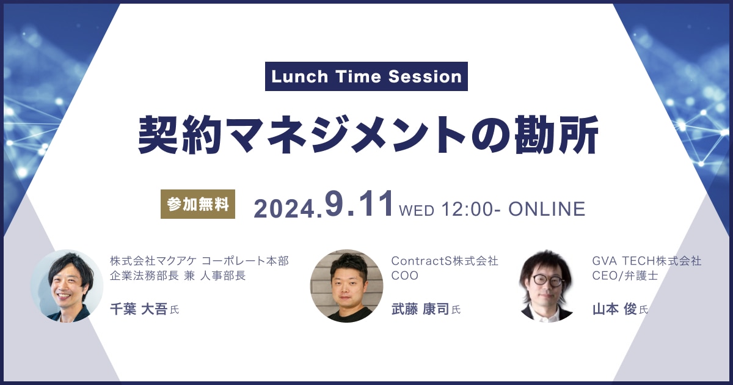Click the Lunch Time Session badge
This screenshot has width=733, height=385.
coord(366,76)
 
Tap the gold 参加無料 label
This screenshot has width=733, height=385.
coord(198,204)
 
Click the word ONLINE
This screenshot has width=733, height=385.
coord(547,209)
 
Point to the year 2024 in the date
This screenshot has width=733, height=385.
coord(284,209)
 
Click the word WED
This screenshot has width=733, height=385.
coord(417,210)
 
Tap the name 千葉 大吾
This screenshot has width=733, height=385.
coord(139,309)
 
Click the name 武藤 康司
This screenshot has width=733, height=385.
coord(420,309)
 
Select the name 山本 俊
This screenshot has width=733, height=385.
coord(614,309)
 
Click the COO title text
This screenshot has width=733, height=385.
coord(405,276)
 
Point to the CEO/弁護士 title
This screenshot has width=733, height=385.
coord(625,276)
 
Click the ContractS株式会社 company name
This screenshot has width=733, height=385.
coord(445,261)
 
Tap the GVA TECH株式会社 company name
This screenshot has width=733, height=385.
coord(647,261)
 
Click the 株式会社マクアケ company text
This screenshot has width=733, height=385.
coord(153,261)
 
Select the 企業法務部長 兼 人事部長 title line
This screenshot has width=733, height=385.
coord(178,276)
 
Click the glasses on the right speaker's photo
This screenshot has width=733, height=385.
coord(547,280)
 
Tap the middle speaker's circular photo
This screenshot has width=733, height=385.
coord(346,286)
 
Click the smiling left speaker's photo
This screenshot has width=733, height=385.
coord(67,286)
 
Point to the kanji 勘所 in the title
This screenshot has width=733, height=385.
coord(556,134)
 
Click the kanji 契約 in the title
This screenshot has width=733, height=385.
coord(178,134)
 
